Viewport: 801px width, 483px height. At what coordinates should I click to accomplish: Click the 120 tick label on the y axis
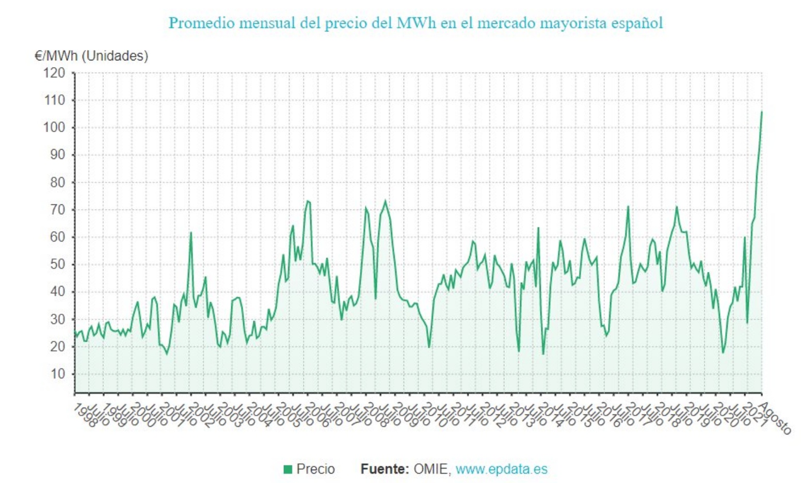click(x=54, y=73)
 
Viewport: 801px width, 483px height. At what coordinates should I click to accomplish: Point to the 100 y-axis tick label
click(x=54, y=127)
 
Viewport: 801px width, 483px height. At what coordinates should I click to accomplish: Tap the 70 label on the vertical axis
click(x=57, y=210)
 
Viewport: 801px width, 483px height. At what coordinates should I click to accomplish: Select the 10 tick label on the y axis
click(x=57, y=374)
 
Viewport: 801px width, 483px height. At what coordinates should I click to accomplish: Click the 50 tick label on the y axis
click(x=57, y=264)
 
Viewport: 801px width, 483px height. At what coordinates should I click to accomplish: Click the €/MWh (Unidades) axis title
click(x=91, y=56)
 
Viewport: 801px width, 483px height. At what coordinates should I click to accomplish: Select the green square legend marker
click(x=288, y=469)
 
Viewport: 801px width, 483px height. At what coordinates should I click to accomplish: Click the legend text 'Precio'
click(x=315, y=469)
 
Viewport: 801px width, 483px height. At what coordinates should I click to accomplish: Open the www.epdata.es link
click(x=501, y=469)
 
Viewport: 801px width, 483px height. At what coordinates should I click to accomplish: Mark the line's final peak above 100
click(x=761, y=111)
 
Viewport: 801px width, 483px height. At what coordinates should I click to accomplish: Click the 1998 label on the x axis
click(x=85, y=415)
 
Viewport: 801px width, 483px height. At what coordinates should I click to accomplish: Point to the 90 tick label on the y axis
click(x=57, y=155)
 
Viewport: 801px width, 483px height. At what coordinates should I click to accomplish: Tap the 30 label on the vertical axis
click(x=57, y=319)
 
